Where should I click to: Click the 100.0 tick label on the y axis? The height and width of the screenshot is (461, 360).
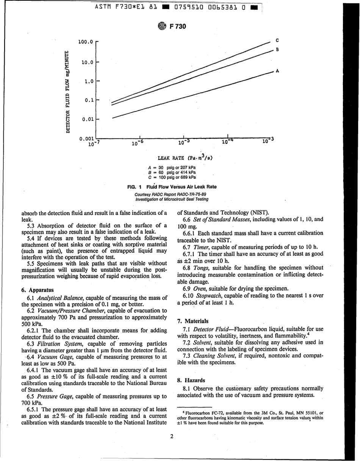click(x=85, y=42)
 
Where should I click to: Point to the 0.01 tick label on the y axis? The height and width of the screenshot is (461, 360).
click(x=88, y=119)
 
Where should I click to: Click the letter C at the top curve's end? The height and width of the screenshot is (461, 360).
click(x=277, y=40)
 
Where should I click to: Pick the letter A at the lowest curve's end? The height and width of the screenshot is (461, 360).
click(x=277, y=71)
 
